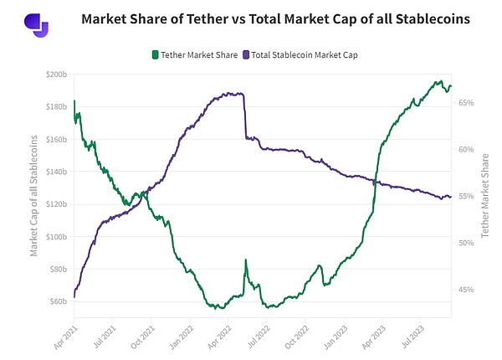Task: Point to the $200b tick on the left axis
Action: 57,75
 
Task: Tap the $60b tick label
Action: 59,301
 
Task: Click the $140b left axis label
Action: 57,172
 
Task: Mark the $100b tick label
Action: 57,236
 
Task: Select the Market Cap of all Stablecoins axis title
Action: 34,188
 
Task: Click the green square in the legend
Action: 155,54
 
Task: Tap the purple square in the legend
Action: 245,54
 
